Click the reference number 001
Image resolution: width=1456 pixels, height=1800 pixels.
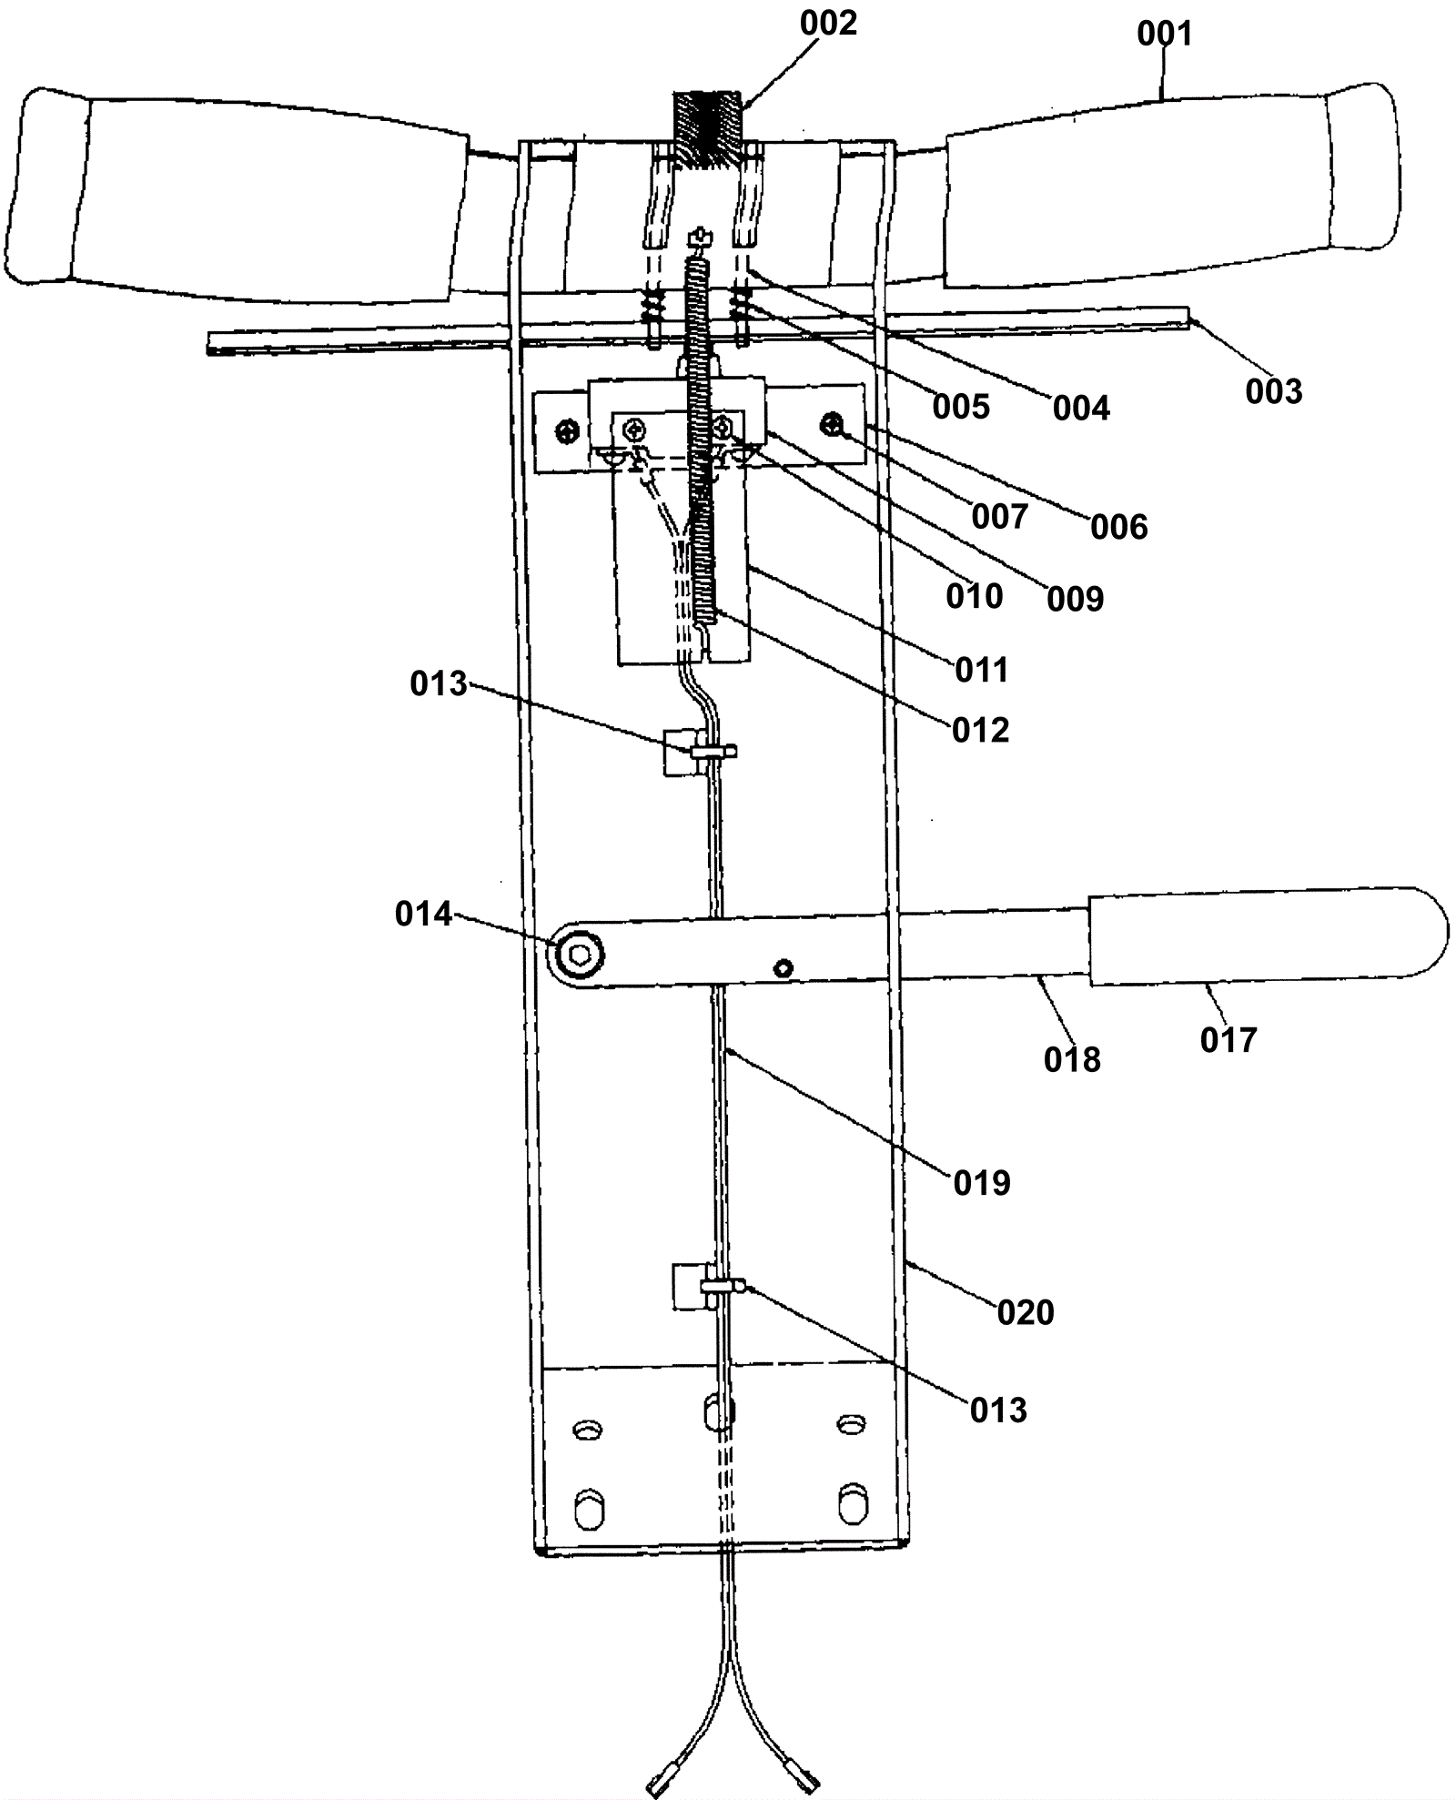click(1164, 34)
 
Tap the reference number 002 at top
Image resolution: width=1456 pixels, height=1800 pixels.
click(828, 24)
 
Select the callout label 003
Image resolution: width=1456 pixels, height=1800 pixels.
click(1273, 391)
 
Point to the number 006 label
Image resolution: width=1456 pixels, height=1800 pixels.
click(1118, 526)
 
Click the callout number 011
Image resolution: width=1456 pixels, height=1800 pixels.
click(981, 670)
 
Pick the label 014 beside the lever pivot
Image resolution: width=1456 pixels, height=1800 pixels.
click(423, 914)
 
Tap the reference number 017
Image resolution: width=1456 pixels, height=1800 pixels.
click(1228, 1039)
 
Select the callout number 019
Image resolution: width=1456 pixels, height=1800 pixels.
click(981, 1182)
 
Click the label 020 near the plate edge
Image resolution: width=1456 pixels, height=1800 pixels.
click(1025, 1311)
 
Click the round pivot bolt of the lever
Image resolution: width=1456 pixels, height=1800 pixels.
click(579, 954)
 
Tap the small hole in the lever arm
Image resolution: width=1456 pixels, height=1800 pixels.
click(784, 968)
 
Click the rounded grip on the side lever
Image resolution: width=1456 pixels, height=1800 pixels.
click(1265, 937)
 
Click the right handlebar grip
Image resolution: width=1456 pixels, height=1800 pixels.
click(1174, 191)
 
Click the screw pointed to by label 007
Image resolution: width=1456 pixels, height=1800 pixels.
click(831, 423)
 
